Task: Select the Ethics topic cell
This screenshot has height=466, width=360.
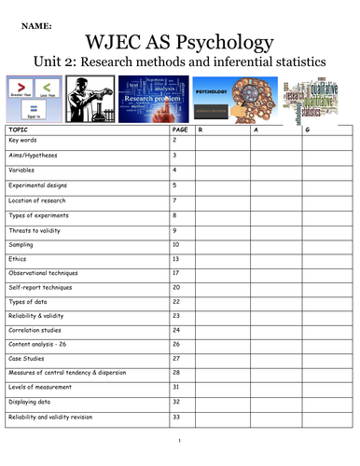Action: [19, 258]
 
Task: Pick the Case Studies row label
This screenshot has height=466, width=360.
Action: [27, 359]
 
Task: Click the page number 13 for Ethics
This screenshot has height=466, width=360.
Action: [176, 258]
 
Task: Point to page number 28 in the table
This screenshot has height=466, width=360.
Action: [176, 373]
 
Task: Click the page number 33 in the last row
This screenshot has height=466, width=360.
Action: [176, 417]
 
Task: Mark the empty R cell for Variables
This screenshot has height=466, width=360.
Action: [221, 171]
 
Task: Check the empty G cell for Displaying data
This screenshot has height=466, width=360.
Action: [326, 403]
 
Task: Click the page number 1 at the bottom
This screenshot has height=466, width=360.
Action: [178, 441]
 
